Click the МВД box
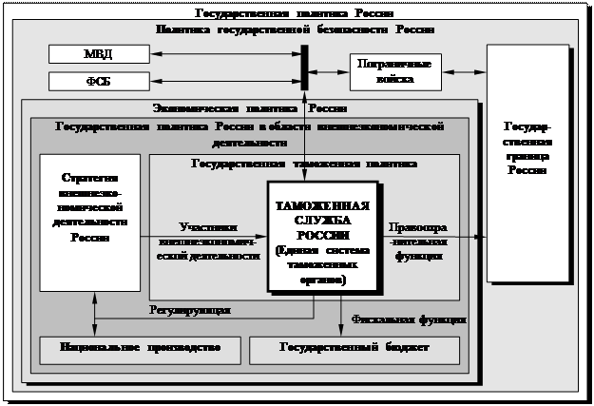[x=98, y=53]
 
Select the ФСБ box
[x=98, y=81]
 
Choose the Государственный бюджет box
[x=354, y=349]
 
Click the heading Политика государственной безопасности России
[x=295, y=29]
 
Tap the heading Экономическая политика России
[x=249, y=107]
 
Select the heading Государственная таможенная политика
[x=303, y=163]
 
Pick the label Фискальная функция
[x=409, y=319]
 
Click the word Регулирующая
[x=190, y=310]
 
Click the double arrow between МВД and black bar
[x=224, y=53]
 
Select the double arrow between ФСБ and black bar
[x=224, y=81]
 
